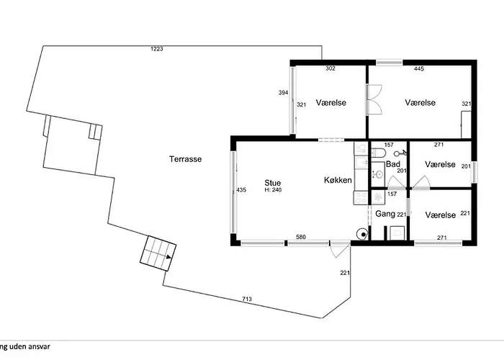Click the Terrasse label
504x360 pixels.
pyautogui.click(x=185, y=159)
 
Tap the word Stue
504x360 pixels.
pyautogui.click(x=272, y=182)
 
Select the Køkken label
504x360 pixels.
pyautogui.click(x=336, y=182)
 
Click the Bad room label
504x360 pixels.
pyautogui.click(x=392, y=164)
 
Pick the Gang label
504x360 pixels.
pyautogui.click(x=385, y=215)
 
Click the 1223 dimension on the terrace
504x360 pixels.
pyautogui.click(x=157, y=49)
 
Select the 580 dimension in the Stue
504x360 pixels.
pyautogui.click(x=301, y=238)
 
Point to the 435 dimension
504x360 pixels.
pyautogui.click(x=241, y=190)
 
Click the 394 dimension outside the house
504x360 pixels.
pyautogui.click(x=284, y=93)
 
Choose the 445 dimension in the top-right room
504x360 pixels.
pyautogui.click(x=419, y=69)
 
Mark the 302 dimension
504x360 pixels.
pyautogui.click(x=330, y=69)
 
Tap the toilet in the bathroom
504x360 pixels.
pyautogui.click(x=377, y=152)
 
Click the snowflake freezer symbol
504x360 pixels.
pyautogui.click(x=377, y=195)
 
